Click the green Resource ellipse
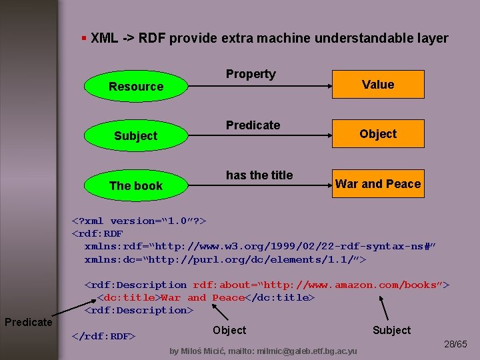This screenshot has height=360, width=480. (136, 86)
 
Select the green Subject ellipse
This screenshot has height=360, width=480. (136, 135)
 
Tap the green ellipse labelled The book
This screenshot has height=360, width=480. (136, 185)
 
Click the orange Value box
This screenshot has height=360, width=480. (378, 85)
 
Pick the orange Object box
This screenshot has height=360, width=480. (378, 133)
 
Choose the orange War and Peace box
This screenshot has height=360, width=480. (378, 183)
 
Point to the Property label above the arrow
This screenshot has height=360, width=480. (251, 74)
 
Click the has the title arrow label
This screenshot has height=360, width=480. (259, 175)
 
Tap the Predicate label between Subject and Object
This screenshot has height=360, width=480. (253, 125)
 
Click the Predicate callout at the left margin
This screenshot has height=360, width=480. (28, 322)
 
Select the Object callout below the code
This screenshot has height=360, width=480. (229, 330)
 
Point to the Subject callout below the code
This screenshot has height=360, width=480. (391, 330)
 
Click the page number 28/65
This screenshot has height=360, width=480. (456, 345)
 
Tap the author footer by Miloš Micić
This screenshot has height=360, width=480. (263, 351)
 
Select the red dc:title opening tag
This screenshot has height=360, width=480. (129, 297)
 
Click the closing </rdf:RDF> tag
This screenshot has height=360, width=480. (103, 335)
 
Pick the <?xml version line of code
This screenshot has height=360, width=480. (139, 221)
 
